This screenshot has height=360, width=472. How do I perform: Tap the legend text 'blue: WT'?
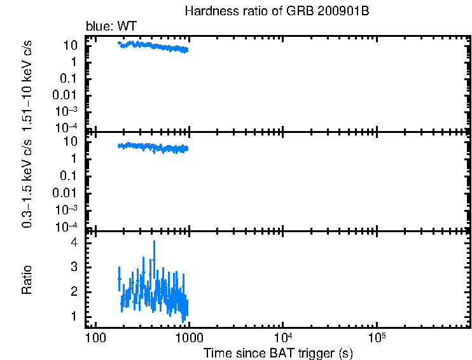(111, 26)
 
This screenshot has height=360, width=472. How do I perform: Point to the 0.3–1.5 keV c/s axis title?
(28, 182)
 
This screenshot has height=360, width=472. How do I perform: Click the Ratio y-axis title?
(28, 280)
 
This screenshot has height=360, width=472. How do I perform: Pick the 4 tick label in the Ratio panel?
(74, 243)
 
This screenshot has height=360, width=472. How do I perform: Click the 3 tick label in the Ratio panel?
(74, 267)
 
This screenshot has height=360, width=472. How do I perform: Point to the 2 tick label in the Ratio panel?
(74, 292)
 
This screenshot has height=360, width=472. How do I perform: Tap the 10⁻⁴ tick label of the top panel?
(67, 127)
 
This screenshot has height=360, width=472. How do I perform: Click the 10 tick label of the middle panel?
(71, 142)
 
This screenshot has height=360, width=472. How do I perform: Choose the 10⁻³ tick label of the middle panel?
(67, 209)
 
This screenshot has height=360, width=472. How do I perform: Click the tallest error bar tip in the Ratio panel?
(154, 242)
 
